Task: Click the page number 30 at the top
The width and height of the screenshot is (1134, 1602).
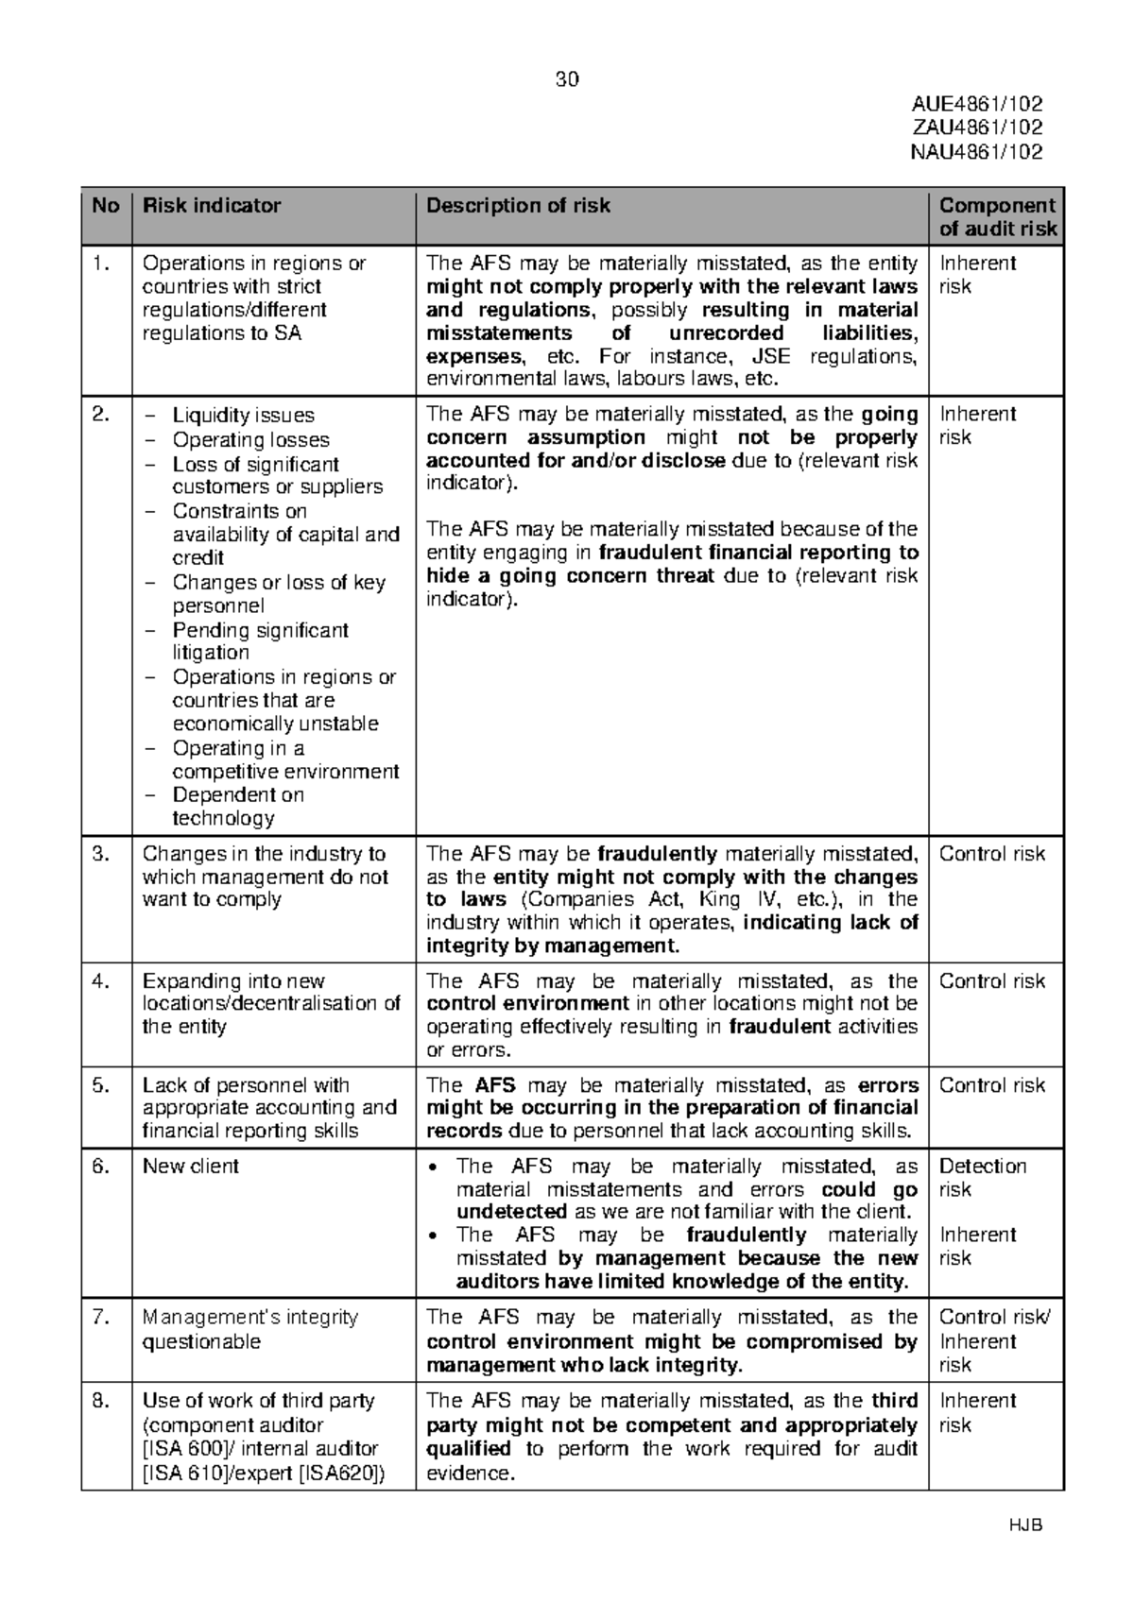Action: click(x=567, y=79)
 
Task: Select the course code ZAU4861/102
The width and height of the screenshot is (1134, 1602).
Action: click(x=976, y=128)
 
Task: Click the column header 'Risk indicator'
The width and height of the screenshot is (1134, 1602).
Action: click(x=212, y=205)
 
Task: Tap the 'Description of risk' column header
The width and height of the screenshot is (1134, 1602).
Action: click(x=518, y=205)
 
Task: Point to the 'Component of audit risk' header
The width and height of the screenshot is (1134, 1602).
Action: click(x=997, y=216)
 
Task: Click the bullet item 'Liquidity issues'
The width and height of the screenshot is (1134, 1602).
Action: click(x=243, y=415)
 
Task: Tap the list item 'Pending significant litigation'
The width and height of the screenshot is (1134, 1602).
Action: click(x=260, y=641)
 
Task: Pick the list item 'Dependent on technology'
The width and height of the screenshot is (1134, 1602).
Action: click(x=237, y=807)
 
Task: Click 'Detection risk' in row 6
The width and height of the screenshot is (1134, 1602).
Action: click(x=982, y=1177)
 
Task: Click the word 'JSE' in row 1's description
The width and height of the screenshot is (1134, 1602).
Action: click(x=772, y=356)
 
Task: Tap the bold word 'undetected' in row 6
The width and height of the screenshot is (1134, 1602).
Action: click(x=511, y=1212)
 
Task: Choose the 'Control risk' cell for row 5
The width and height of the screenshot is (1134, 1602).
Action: click(x=991, y=1085)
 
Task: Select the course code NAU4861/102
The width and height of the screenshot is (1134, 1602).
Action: click(x=976, y=152)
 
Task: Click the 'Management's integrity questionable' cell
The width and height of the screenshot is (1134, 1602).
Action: click(x=249, y=1329)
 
